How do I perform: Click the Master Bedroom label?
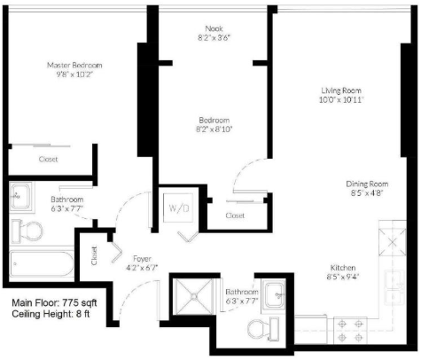tap(74, 65)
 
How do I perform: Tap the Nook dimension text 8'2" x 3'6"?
tap(214, 38)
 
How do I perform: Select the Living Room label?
tap(341, 90)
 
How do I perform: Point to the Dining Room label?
tap(367, 184)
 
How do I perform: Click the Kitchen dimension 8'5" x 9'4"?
tap(343, 277)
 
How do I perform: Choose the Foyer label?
tap(142, 259)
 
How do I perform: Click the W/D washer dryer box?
tap(178, 208)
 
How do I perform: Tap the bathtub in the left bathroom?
tap(42, 263)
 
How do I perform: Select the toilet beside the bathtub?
tap(27, 231)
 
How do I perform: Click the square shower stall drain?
tap(194, 296)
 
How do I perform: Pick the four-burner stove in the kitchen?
tap(350, 331)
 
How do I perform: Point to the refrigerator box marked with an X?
tap(393, 242)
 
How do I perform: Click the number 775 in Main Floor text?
tap(71, 303)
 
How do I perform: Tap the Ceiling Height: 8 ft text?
tap(51, 314)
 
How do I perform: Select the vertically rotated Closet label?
tap(94, 256)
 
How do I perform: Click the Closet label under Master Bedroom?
tap(48, 159)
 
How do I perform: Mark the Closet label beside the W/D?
tap(235, 215)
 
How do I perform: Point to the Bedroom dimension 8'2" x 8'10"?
tap(214, 129)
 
